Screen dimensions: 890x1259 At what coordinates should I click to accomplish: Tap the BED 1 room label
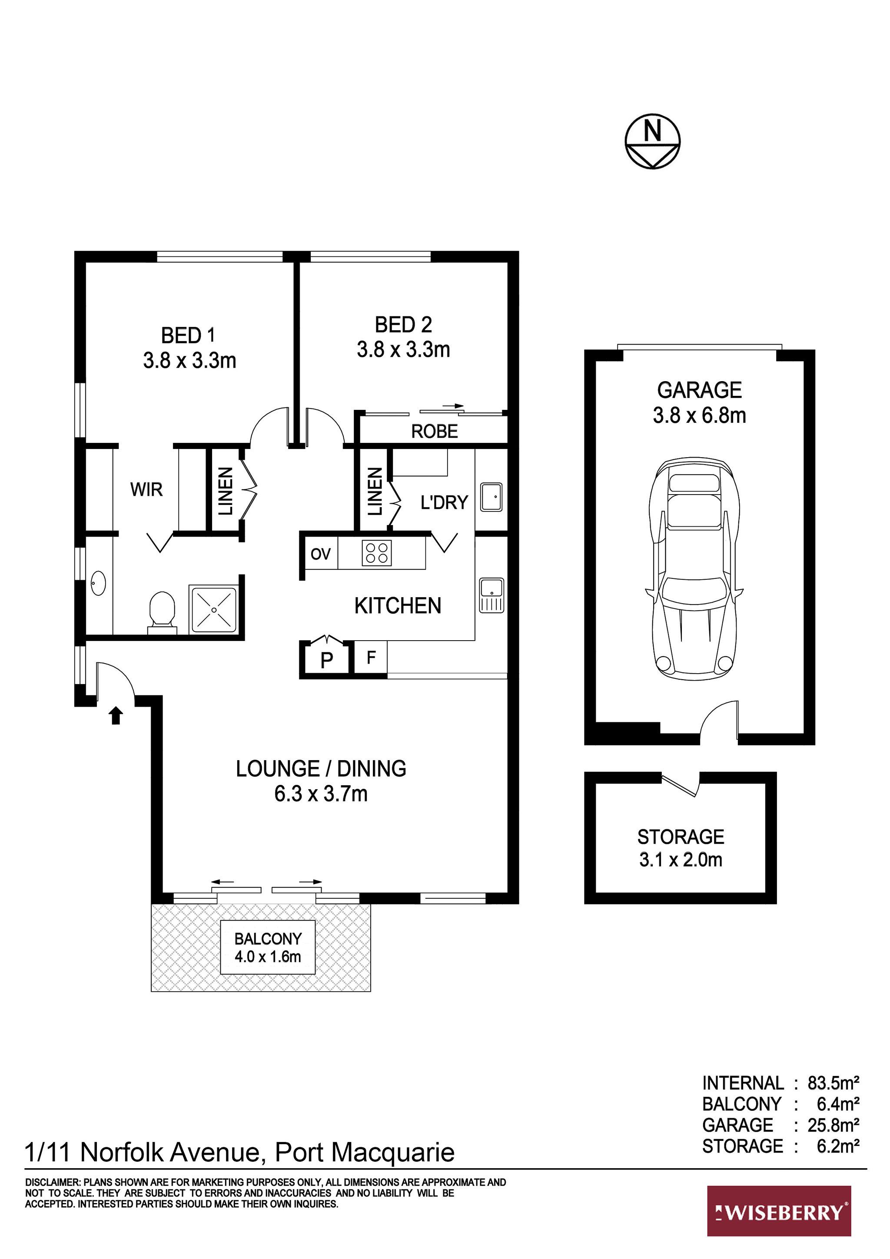(188, 335)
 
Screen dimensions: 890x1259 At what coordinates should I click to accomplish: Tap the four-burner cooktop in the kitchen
(377, 553)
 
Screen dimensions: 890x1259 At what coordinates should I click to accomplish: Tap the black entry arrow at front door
(115, 716)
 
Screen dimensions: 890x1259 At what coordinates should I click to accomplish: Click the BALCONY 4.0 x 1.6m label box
(268, 947)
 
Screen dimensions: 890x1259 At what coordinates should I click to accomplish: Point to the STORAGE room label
(681, 837)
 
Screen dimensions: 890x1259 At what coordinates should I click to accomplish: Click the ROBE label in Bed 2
(434, 432)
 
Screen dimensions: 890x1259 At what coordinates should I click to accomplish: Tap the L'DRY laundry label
(444, 502)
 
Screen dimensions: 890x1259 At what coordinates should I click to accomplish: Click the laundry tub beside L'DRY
(491, 497)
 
